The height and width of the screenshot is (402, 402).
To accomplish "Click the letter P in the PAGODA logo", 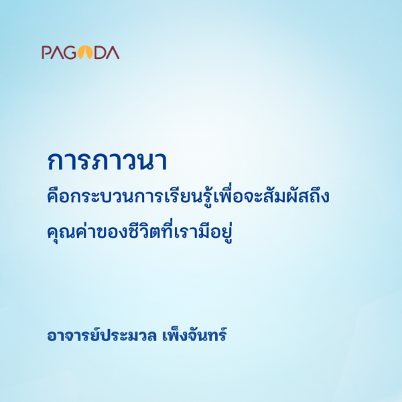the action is [46, 52].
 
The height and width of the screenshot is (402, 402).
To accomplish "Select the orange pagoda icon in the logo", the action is [84, 52].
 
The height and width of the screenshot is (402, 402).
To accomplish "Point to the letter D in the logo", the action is [100, 52].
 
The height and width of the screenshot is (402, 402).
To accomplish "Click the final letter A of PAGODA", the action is [113, 52].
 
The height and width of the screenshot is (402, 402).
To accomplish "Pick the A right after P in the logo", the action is [56, 52].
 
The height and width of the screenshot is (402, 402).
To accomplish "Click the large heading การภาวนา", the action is [107, 161].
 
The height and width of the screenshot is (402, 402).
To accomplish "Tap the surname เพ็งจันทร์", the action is [194, 334].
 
